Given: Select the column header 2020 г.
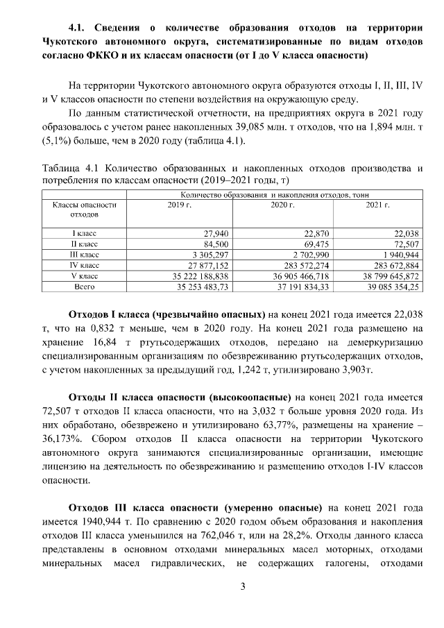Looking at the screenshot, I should (x=282, y=205).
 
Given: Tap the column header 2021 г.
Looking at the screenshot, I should (x=377, y=205).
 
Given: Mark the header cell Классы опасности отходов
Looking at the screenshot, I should (x=84, y=210).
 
